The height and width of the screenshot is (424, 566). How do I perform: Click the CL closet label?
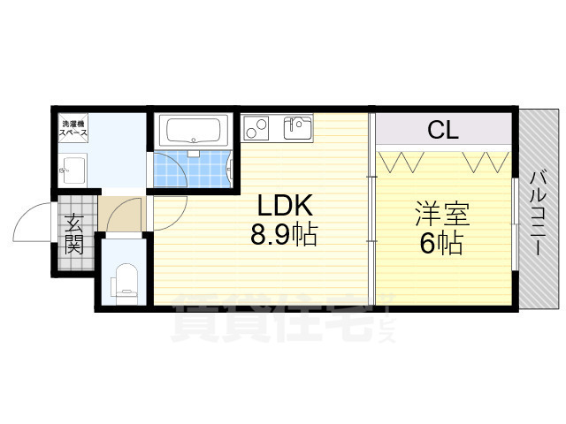(x=442, y=132)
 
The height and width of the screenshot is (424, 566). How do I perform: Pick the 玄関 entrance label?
(x=73, y=232)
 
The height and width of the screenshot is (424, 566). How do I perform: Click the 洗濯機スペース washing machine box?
(x=73, y=128)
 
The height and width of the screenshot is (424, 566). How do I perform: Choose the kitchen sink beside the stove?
(x=297, y=128)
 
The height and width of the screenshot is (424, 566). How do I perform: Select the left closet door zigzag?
(x=402, y=162)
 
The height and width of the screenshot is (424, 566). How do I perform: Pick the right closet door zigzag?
(x=484, y=162)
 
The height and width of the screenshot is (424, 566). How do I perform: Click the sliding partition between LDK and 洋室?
(x=372, y=212)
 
